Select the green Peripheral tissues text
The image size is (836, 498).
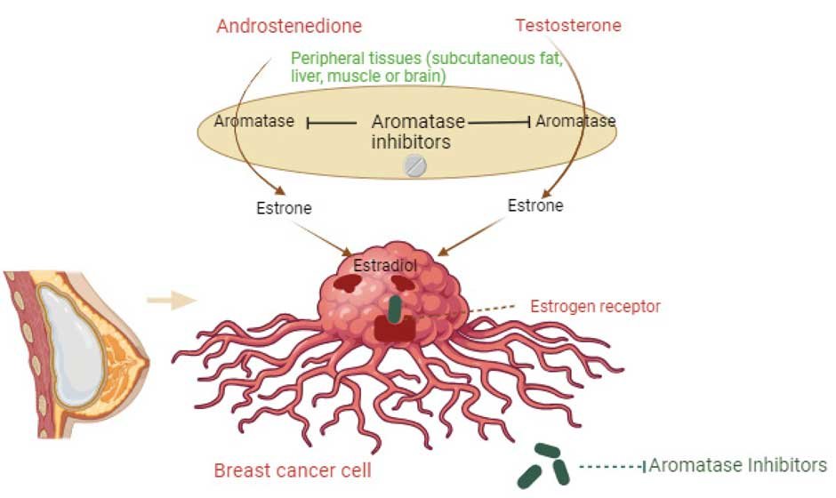click(x=427, y=68)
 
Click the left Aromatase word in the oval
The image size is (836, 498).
click(x=254, y=121)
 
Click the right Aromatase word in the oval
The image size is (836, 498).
click(x=576, y=120)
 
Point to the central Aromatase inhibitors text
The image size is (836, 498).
click(x=411, y=131)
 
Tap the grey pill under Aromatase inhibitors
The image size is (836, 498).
click(x=415, y=165)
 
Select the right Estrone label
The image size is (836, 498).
click(x=535, y=205)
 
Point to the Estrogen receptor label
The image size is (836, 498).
click(x=595, y=307)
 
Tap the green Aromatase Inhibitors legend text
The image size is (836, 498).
click(x=738, y=465)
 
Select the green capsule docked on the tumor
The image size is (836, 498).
click(x=395, y=306)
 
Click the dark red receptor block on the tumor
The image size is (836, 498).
click(x=394, y=328)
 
